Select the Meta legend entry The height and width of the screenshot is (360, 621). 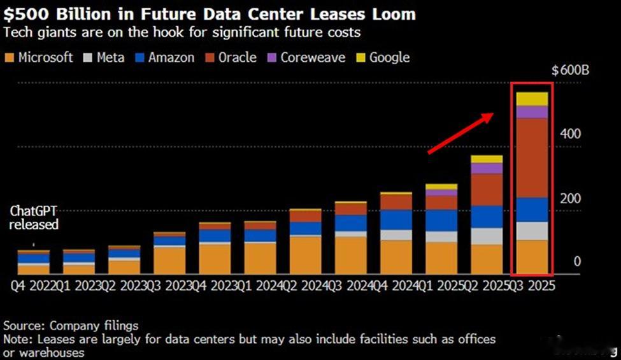(x=106, y=57)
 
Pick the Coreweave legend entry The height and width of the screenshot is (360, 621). (x=305, y=57)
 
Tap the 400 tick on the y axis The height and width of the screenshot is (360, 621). (x=571, y=134)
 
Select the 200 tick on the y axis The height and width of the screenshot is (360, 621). (x=571, y=199)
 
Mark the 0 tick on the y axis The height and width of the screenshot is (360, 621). (x=577, y=262)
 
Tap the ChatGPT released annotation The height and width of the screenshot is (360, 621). (x=34, y=218)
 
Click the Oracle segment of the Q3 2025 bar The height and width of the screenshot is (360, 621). (x=532, y=157)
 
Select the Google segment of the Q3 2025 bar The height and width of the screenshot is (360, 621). (x=532, y=99)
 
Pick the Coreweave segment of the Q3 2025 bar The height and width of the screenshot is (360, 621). (x=532, y=112)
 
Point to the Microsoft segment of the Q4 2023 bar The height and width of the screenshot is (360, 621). (x=215, y=259)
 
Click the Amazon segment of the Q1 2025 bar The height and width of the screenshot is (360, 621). (x=441, y=220)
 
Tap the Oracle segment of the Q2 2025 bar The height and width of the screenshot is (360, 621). (x=487, y=189)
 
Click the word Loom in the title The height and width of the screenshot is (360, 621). (x=392, y=13)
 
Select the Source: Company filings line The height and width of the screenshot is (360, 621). (x=71, y=326)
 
